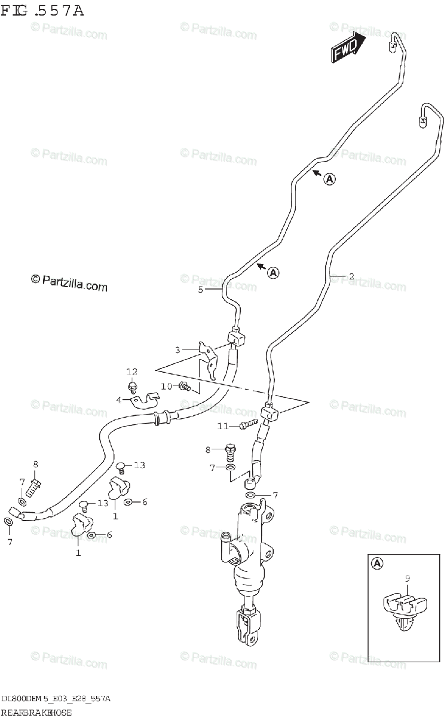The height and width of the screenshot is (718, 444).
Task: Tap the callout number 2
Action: [x=351, y=276]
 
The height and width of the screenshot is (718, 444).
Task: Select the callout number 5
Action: [x=201, y=290]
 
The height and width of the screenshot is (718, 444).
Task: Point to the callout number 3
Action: [x=177, y=349]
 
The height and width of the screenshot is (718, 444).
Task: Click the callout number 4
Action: [x=119, y=399]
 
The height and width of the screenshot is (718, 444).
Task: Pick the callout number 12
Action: [x=131, y=372]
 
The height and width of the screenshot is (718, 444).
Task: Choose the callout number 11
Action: [x=223, y=425]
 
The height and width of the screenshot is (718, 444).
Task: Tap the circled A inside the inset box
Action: [x=377, y=562]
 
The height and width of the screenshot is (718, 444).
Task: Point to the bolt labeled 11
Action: [x=244, y=425]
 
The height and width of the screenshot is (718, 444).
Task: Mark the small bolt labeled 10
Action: [x=186, y=387]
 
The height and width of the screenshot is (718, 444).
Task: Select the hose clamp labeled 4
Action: [x=145, y=399]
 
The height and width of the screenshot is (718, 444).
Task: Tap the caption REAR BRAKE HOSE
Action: [x=36, y=712]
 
